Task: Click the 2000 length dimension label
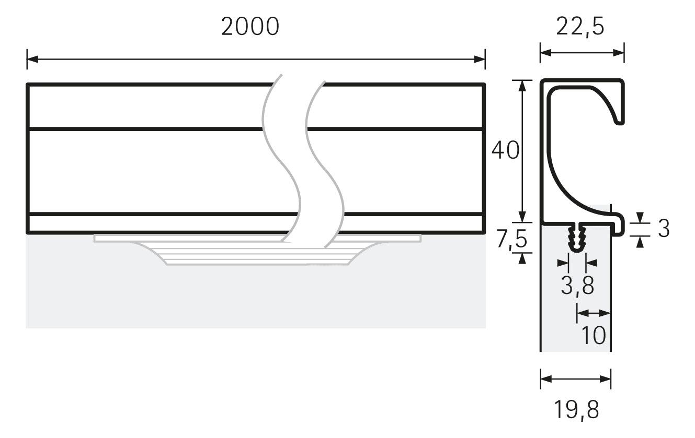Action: (250, 27)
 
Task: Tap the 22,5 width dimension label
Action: (580, 27)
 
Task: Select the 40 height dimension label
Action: (505, 150)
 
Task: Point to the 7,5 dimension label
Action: (512, 239)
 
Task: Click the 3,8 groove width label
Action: (577, 286)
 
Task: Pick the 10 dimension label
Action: (593, 335)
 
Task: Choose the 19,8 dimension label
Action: (576, 410)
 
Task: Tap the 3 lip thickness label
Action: (664, 229)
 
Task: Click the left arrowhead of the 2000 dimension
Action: (32, 59)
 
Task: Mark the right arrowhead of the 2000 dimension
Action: (480, 59)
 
